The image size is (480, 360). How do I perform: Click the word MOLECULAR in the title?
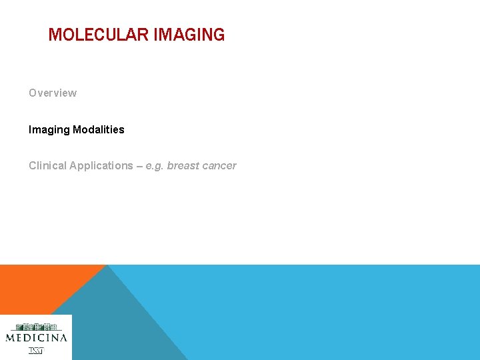point(99,35)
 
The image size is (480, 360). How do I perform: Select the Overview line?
point(53,93)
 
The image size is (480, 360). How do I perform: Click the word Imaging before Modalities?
point(49,130)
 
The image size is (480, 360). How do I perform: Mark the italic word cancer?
point(220,166)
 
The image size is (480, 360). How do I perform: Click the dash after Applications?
point(139,166)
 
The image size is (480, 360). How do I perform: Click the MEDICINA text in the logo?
point(37,338)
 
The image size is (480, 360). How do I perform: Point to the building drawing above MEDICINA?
point(37,327)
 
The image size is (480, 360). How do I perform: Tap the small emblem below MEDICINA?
point(36,351)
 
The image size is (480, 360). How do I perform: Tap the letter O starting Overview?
point(33,93)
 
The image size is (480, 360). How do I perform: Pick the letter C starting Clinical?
point(32,166)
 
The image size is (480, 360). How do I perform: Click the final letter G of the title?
point(219,35)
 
